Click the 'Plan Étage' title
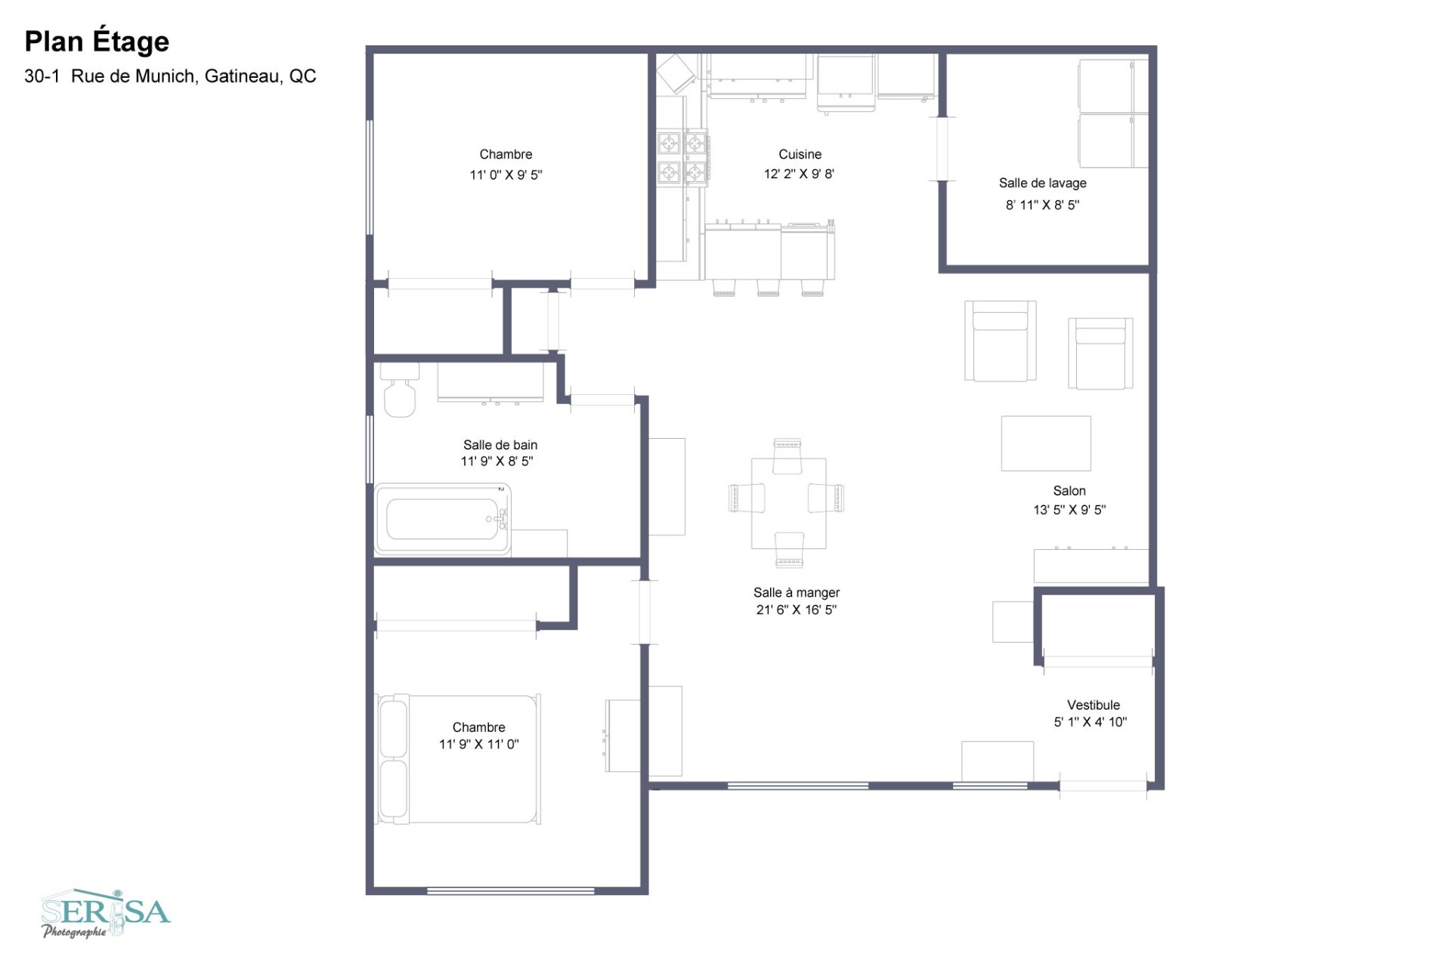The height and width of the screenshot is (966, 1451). point(97,42)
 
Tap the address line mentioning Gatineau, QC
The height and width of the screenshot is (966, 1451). point(170,76)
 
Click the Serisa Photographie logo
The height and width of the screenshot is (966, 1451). point(105,913)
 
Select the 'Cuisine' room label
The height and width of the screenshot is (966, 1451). point(800,154)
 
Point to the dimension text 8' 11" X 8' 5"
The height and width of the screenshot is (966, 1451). point(1042,205)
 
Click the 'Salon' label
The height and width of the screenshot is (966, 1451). point(1069,491)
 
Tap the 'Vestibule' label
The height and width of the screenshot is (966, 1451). point(1093,705)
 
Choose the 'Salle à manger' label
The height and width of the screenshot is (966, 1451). point(796,593)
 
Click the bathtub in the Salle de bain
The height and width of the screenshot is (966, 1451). point(442,519)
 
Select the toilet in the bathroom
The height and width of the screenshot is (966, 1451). point(399,393)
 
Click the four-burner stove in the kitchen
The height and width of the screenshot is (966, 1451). point(682,158)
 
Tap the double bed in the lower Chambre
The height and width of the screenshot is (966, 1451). point(459,759)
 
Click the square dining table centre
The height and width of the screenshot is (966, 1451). point(788,503)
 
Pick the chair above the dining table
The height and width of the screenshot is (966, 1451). point(787,455)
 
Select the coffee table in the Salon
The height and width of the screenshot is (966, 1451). point(1046,443)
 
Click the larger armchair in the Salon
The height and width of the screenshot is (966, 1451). point(1000,341)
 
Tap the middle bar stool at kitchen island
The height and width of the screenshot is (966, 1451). point(768,288)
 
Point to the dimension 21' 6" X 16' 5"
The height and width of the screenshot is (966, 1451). point(796,610)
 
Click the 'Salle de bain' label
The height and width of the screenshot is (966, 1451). point(500,445)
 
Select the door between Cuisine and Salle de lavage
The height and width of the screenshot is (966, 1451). point(942,149)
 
